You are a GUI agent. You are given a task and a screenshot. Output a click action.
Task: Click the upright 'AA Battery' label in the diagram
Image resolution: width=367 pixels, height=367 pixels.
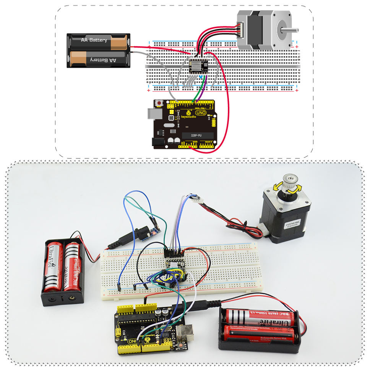click(x=94, y=40)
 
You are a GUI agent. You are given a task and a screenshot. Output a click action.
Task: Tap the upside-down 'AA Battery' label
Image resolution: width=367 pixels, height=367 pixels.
click(x=103, y=60)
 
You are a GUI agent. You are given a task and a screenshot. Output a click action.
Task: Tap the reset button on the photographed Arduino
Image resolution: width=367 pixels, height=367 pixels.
click(x=180, y=346)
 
